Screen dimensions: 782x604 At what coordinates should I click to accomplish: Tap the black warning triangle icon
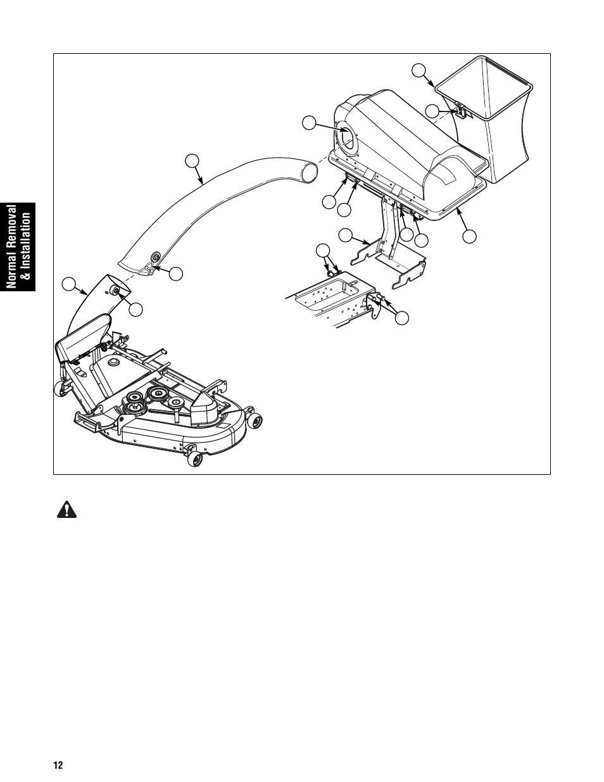(65, 511)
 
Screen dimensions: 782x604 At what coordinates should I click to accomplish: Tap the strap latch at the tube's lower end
(152, 260)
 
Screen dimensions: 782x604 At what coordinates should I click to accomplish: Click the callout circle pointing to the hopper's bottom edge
(469, 237)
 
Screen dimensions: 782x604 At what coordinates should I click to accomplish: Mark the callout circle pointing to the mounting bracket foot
(345, 236)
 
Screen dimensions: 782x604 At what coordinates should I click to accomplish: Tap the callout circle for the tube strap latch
(176, 274)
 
